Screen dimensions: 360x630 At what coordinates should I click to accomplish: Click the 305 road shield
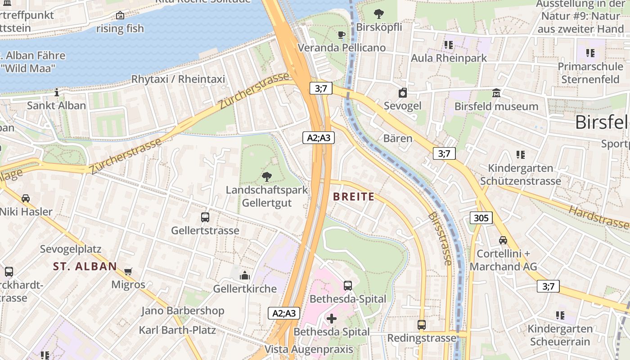pyautogui.click(x=481, y=218)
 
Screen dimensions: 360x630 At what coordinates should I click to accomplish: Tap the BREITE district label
pyautogui.click(x=354, y=197)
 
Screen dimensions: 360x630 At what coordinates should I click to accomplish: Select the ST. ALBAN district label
pyautogui.click(x=85, y=266)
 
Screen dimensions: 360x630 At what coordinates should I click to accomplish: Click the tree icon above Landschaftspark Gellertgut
pyautogui.click(x=266, y=177)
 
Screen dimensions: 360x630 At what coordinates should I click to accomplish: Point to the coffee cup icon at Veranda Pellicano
pyautogui.click(x=342, y=35)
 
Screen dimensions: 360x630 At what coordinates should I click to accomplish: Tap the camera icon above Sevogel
pyautogui.click(x=403, y=93)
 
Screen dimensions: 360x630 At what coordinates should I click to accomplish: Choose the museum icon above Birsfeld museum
pyautogui.click(x=496, y=93)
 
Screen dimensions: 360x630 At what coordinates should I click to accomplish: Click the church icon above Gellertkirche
pyautogui.click(x=245, y=275)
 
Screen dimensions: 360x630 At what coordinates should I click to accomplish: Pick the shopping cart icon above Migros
pyautogui.click(x=128, y=271)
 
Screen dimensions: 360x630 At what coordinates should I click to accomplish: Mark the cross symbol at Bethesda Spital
pyautogui.click(x=332, y=319)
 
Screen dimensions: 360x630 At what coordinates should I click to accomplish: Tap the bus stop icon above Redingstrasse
pyautogui.click(x=422, y=324)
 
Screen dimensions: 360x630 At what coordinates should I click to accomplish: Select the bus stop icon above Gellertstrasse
pyautogui.click(x=205, y=217)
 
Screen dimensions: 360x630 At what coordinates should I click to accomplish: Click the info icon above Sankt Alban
pyautogui.click(x=56, y=92)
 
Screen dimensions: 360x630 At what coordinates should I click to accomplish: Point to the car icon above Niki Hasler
pyautogui.click(x=26, y=198)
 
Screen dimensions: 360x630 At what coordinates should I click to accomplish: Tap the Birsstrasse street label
pyautogui.click(x=441, y=238)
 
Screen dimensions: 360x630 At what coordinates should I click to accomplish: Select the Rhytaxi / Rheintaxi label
pyautogui.click(x=178, y=79)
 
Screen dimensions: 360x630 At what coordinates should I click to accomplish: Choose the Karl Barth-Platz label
pyautogui.click(x=177, y=330)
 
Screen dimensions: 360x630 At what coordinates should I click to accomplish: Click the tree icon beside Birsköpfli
pyautogui.click(x=379, y=14)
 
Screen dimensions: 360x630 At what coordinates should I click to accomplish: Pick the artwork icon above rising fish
pyautogui.click(x=120, y=16)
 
